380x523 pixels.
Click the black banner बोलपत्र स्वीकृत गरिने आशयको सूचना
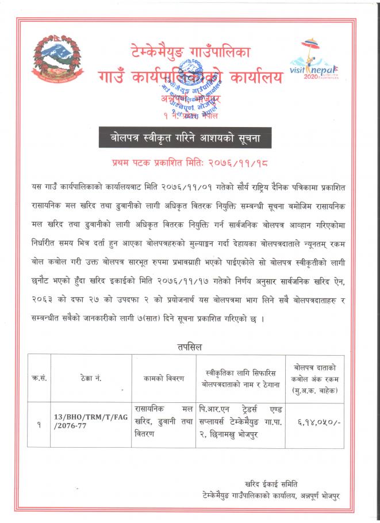click(x=190, y=139)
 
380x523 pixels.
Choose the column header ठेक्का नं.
click(x=91, y=379)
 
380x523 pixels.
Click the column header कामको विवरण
click(x=164, y=379)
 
